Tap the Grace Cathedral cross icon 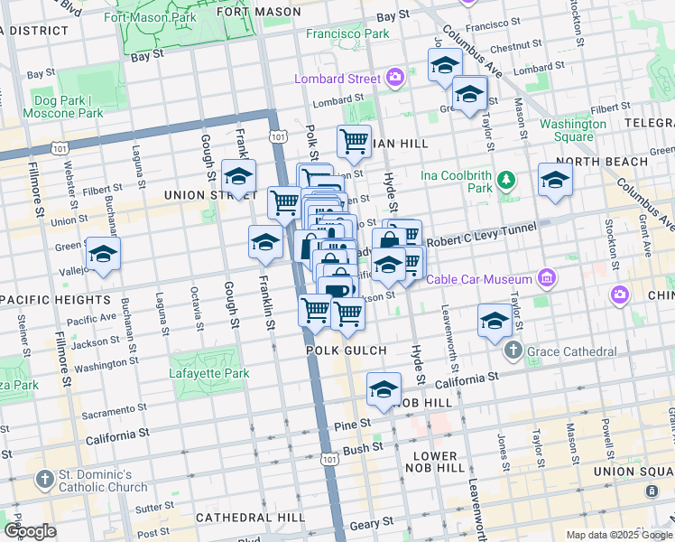513,350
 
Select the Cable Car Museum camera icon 545,279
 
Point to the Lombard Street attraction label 337,79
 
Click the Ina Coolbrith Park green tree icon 507,182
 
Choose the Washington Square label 572,130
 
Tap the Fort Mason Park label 150,17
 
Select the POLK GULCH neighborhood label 346,350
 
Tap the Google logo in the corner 30,531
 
